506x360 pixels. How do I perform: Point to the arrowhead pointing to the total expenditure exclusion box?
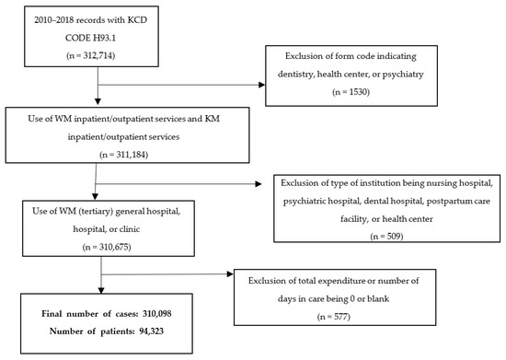tap(232, 273)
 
